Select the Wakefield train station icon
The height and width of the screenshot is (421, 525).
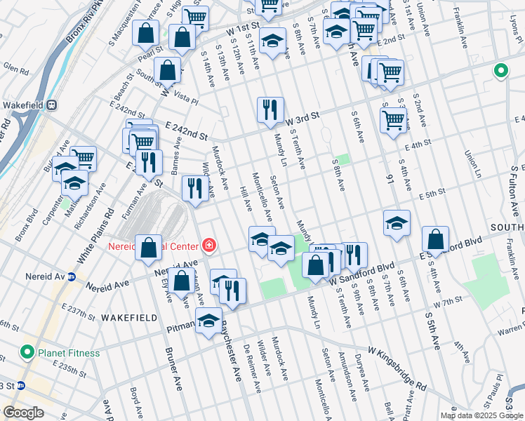point(52,105)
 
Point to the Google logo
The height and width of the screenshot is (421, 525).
point(24,413)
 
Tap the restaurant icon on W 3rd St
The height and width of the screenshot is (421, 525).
point(270,109)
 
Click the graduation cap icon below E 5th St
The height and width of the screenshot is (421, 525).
point(397,223)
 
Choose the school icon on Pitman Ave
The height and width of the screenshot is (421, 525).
point(208,321)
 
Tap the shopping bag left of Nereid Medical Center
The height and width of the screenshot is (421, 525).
point(149,247)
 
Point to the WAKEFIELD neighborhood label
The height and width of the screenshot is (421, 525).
point(127,318)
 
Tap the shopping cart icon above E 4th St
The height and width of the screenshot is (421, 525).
point(393,119)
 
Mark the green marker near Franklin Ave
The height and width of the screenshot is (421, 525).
point(501,70)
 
